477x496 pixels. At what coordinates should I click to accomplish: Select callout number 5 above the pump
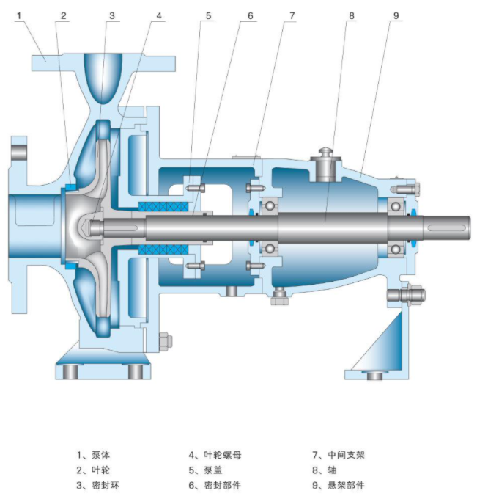(208, 15)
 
